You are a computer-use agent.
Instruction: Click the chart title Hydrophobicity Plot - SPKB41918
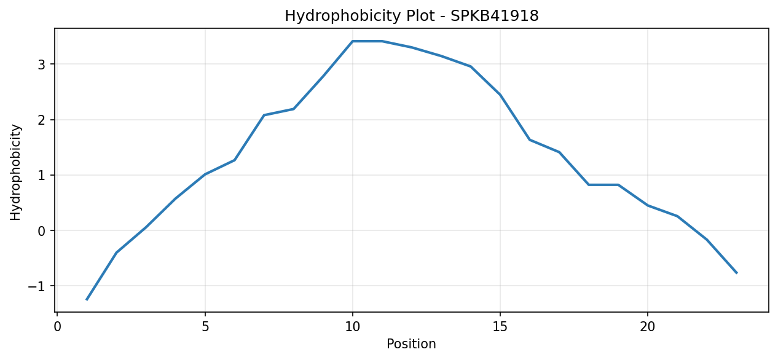[x=412, y=16]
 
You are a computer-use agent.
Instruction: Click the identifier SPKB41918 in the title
[x=495, y=16]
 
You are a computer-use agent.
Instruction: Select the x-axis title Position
[x=411, y=344]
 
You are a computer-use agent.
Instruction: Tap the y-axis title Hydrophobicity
[x=15, y=173]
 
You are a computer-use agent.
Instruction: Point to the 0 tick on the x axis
[x=58, y=327]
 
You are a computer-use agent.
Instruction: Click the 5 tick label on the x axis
[x=205, y=327]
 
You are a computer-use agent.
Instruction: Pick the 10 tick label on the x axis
[x=353, y=327]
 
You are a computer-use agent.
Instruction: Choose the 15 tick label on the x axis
[x=500, y=327]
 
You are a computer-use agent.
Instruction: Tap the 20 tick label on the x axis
[x=647, y=327]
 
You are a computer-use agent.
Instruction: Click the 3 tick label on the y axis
[x=42, y=65]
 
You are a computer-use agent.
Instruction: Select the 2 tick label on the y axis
[x=42, y=120]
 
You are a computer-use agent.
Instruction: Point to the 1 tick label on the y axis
[x=42, y=175]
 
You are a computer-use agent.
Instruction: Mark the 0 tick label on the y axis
[x=42, y=231]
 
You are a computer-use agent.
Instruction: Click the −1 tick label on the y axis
[x=37, y=286]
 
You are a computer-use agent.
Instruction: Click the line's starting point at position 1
[x=87, y=300]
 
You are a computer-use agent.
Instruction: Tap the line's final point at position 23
[x=736, y=273]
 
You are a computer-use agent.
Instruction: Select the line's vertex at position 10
[x=353, y=41]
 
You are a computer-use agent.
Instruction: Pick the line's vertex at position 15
[x=500, y=95]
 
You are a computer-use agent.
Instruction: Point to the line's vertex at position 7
[x=264, y=115]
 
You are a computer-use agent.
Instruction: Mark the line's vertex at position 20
[x=647, y=206]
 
